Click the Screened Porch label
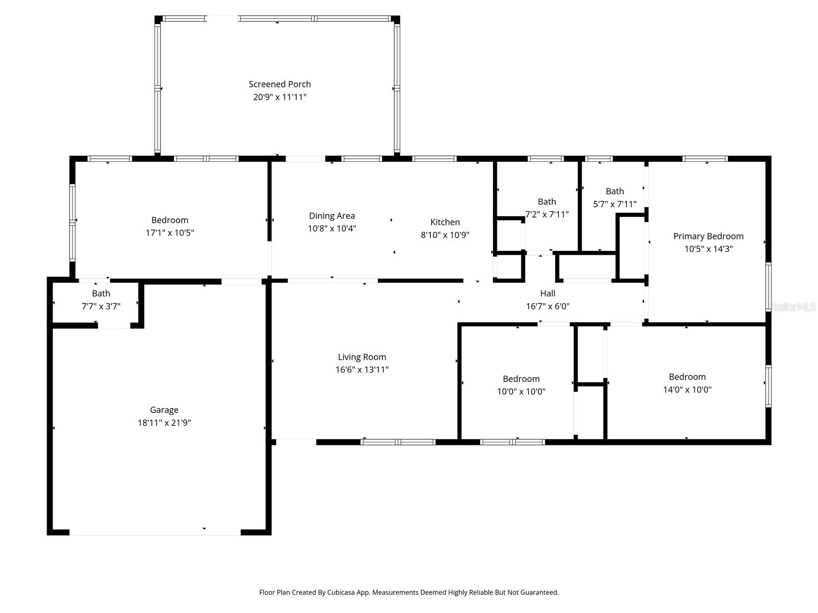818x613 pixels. [280, 84]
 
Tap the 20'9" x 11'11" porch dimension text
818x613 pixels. [280, 97]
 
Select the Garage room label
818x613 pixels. [164, 410]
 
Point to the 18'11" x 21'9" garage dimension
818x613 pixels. [164, 422]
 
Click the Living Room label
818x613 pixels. [362, 357]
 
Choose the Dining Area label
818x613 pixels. [332, 216]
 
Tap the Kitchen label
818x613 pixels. [445, 222]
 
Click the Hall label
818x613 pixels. [548, 293]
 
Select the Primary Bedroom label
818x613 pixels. [708, 236]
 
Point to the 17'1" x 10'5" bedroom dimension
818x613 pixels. [170, 233]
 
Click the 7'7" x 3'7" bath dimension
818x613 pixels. [101, 306]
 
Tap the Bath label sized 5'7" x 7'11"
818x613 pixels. [615, 191]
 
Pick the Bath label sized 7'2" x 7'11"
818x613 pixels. [547, 201]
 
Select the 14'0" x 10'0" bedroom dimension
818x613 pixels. [687, 390]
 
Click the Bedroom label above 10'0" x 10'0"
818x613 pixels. [521, 379]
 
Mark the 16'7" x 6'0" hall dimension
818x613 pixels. [548, 306]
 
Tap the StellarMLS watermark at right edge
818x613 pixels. [793, 306]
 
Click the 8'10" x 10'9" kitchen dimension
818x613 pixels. [445, 235]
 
